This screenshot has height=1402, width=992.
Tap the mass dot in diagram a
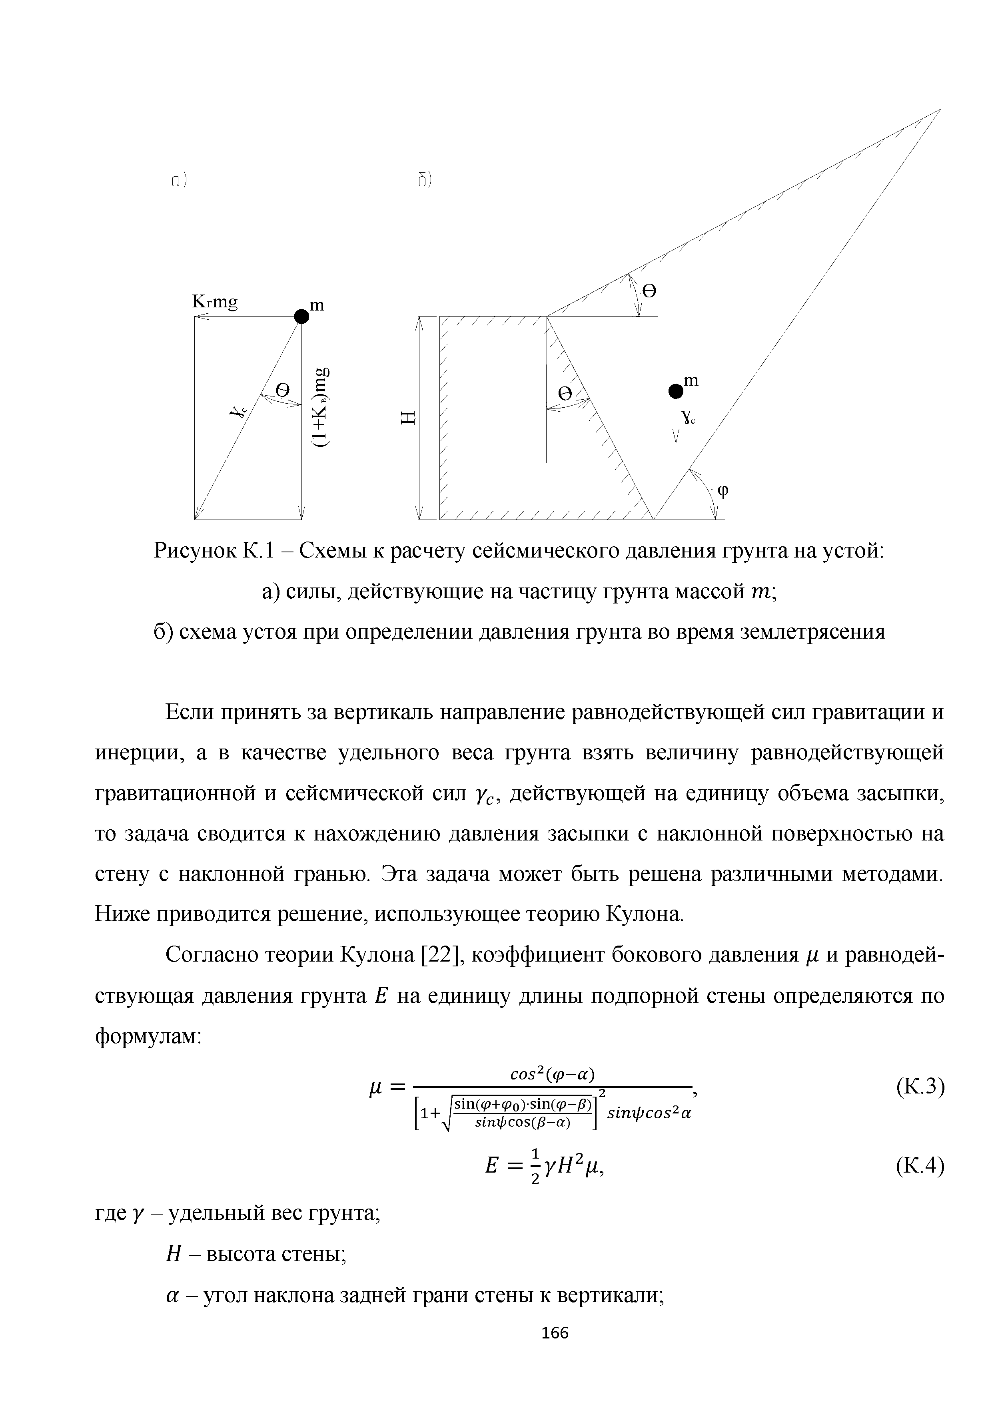[x=301, y=316]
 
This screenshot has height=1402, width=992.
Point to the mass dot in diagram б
[x=675, y=390]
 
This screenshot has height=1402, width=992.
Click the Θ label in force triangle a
[x=282, y=390]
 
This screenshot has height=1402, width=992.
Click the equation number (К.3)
[x=920, y=1087]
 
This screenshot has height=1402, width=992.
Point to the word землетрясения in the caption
[x=812, y=632]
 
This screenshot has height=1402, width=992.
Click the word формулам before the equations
[x=147, y=1036]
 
